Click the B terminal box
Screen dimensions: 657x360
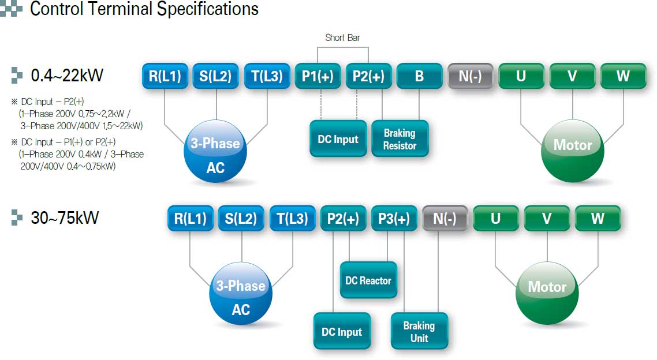pyautogui.click(x=419, y=76)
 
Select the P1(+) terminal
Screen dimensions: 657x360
pyautogui.click(x=318, y=76)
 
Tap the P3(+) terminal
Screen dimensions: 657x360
pyautogui.click(x=394, y=218)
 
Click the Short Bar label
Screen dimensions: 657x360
pyautogui.click(x=342, y=37)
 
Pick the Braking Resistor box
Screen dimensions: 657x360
pyautogui.click(x=400, y=139)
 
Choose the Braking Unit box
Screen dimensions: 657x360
pyautogui.click(x=419, y=332)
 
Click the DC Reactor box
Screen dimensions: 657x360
pyautogui.click(x=368, y=280)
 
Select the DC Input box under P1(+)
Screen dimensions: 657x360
pyautogui.click(x=338, y=139)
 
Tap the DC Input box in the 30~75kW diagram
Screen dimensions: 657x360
pyautogui.click(x=342, y=332)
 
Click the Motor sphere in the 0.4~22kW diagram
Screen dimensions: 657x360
pyautogui.click(x=572, y=151)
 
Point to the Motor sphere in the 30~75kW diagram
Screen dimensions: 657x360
pyautogui.click(x=547, y=293)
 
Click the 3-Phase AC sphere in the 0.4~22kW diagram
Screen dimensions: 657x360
pyautogui.click(x=215, y=151)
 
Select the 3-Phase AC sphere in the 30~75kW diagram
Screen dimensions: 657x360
pyautogui.click(x=241, y=293)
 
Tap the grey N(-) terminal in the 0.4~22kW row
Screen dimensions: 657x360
pyautogui.click(x=470, y=76)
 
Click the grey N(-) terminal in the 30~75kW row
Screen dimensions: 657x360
pyautogui.click(x=445, y=218)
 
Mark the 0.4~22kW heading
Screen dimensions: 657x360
pyautogui.click(x=67, y=76)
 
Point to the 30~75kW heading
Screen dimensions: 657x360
pyautogui.click(x=65, y=217)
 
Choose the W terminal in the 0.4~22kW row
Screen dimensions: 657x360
pyautogui.click(x=623, y=76)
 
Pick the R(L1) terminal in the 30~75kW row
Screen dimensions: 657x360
pyautogui.click(x=190, y=218)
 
